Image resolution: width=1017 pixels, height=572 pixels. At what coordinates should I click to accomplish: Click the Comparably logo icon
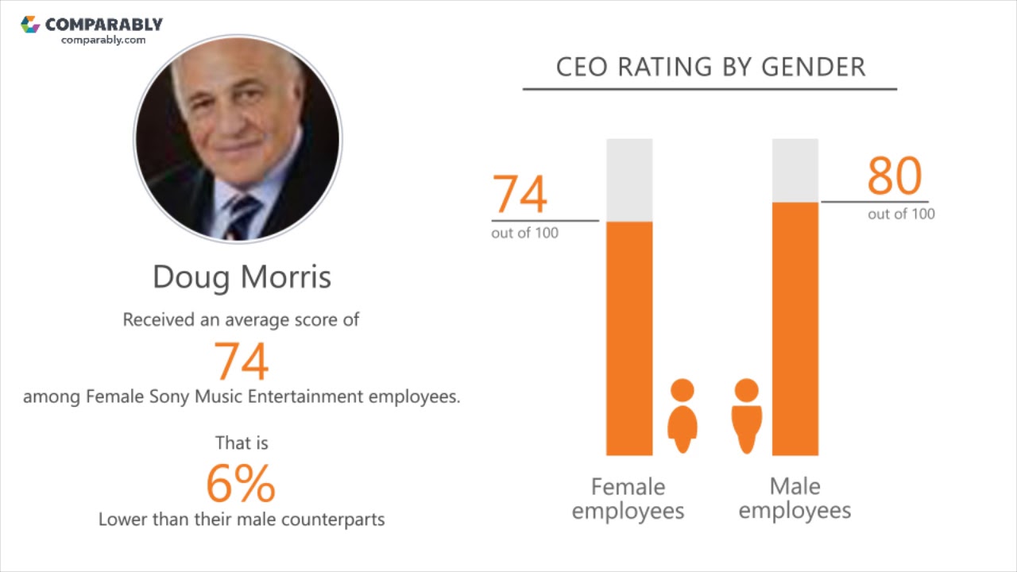[x=30, y=25]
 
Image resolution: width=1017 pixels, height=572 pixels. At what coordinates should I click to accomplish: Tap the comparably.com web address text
[x=103, y=40]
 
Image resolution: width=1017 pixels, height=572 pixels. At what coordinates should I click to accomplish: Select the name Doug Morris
[x=242, y=276]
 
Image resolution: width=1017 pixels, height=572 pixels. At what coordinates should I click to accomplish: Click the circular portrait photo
[x=238, y=138]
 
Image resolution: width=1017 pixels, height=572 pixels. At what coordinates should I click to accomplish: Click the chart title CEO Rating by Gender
[x=710, y=68]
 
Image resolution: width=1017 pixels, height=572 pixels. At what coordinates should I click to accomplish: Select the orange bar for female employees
[x=629, y=338]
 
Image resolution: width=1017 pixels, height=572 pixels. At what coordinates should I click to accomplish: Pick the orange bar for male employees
[x=795, y=328]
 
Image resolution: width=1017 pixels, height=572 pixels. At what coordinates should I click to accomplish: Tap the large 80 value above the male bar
[x=894, y=176]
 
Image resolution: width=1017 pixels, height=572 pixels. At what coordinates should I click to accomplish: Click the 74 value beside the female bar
[x=520, y=195]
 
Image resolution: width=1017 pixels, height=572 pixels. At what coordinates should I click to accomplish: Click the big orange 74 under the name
[x=242, y=361]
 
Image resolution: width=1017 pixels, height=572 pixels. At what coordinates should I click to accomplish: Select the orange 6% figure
[x=241, y=483]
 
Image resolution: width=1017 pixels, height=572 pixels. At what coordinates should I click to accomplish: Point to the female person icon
[x=683, y=415]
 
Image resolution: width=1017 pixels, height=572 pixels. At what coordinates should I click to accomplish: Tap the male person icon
[x=746, y=415]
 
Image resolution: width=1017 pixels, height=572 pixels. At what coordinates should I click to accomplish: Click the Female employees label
[x=628, y=498]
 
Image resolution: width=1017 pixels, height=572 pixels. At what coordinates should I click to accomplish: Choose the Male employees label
[x=795, y=498]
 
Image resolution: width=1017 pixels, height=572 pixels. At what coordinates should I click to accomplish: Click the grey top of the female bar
[x=629, y=180]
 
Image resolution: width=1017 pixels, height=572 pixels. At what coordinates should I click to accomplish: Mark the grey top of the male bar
[x=795, y=170]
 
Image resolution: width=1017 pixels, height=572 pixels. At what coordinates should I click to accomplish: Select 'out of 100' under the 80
[x=901, y=214]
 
